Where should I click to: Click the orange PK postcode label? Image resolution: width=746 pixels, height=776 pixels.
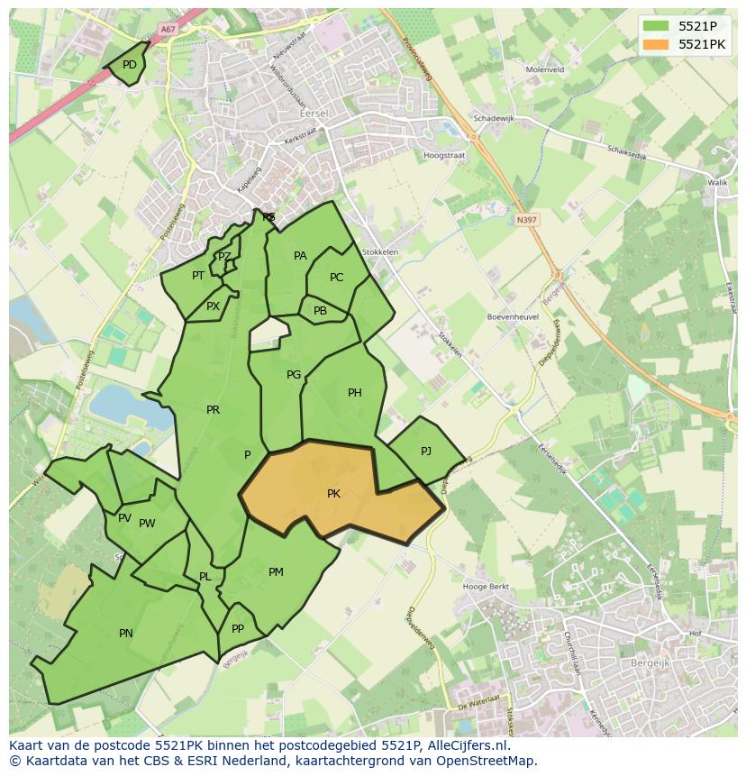[333, 494]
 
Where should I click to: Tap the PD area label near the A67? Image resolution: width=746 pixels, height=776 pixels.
[130, 65]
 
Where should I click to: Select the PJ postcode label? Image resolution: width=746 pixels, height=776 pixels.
[426, 451]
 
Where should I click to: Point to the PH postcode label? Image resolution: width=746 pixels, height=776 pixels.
[354, 393]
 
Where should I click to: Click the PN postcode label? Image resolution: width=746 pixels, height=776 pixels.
[126, 634]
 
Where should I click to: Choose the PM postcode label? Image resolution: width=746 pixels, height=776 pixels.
[276, 572]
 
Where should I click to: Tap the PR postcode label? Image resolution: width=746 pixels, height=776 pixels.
[213, 410]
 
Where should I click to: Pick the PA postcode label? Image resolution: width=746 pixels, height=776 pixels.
[300, 256]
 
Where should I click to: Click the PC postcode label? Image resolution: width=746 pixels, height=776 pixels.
[336, 278]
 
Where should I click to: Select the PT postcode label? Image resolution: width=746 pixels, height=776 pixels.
[198, 276]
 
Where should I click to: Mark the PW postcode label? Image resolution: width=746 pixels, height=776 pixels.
[147, 524]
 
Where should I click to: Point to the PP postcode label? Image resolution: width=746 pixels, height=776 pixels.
[238, 629]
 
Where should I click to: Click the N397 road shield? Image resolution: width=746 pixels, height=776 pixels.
[526, 219]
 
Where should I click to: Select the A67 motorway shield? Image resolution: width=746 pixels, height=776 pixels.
[168, 29]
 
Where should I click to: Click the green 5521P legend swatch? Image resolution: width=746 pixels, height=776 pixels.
[656, 26]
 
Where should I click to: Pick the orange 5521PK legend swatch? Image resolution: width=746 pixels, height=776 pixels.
[656, 44]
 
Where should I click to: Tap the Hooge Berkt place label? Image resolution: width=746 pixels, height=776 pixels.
[486, 587]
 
